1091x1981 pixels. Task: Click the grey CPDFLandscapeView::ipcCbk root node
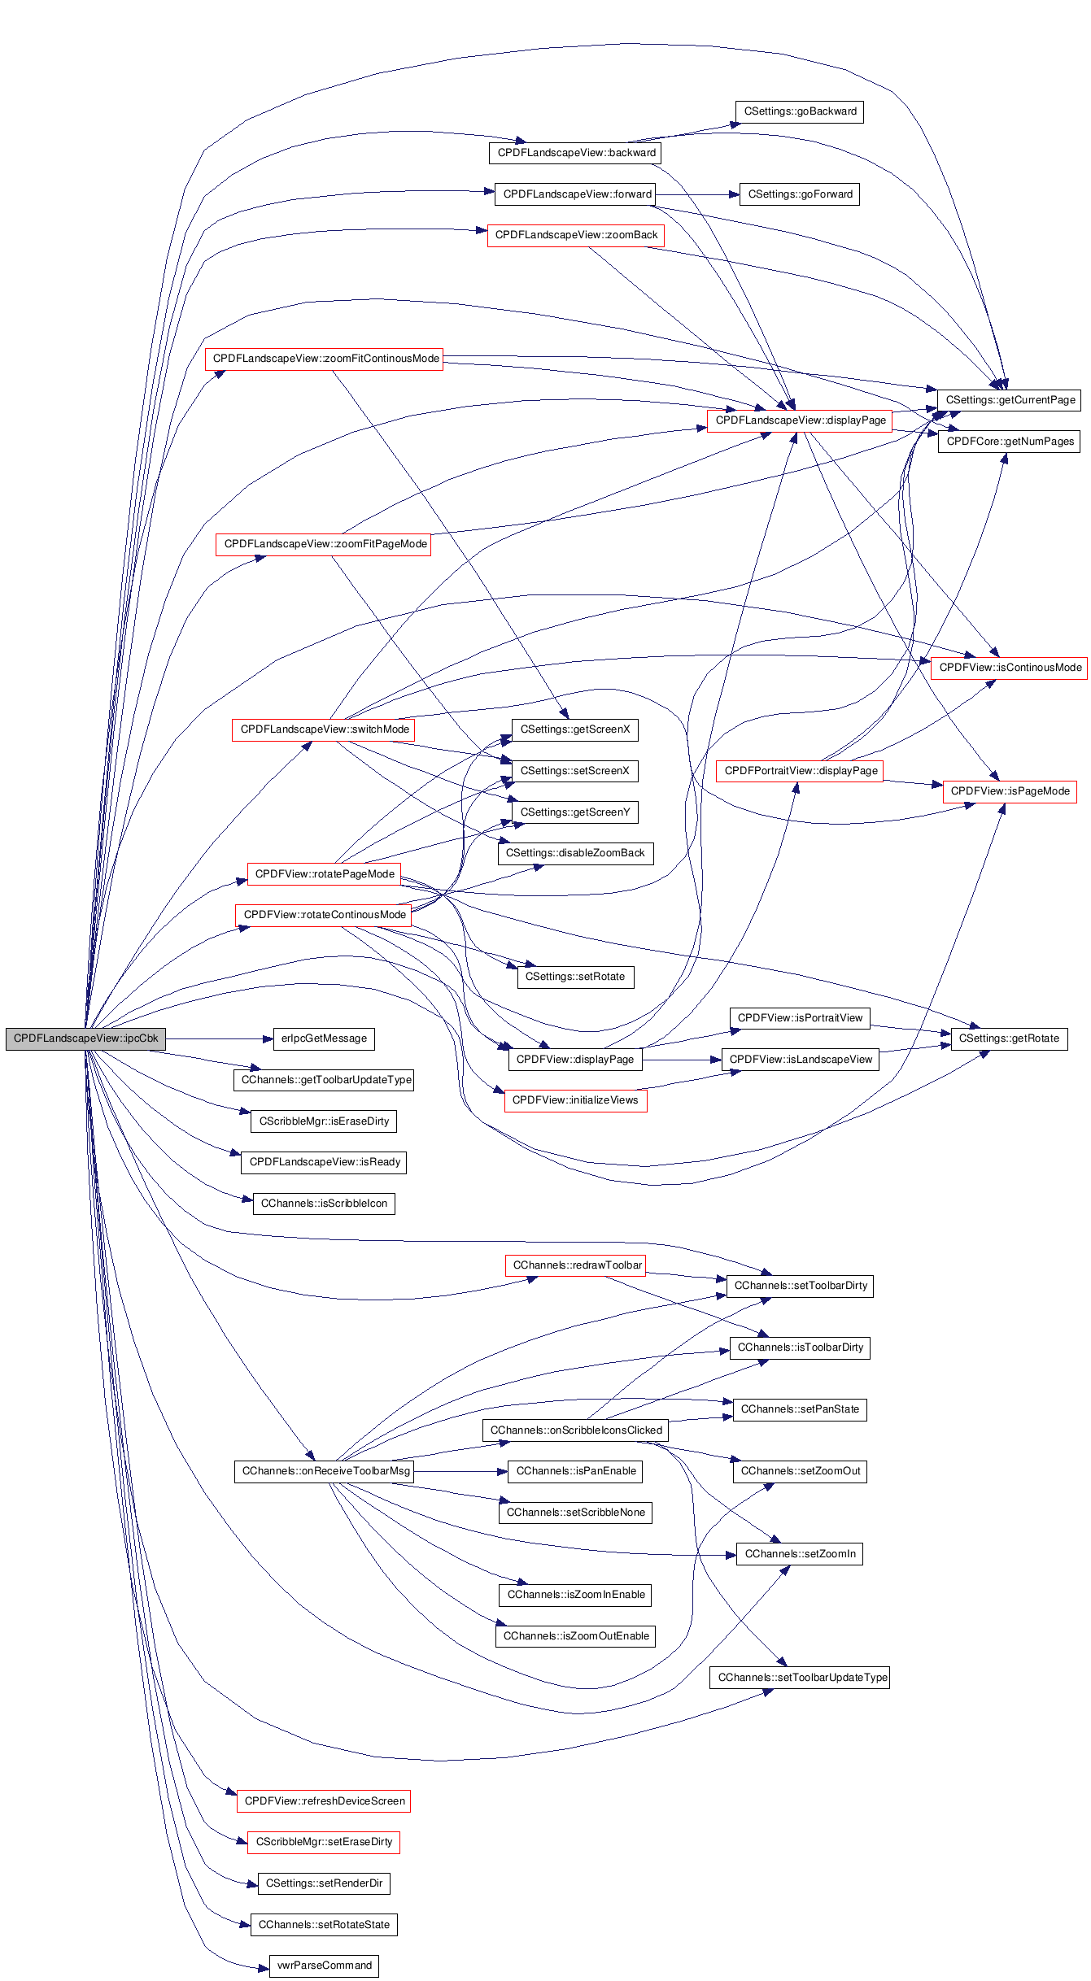pos(85,1038)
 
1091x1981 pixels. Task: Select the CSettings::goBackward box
pos(800,111)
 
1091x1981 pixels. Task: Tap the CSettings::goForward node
pos(800,194)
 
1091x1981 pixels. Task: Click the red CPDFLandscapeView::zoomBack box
pos(576,235)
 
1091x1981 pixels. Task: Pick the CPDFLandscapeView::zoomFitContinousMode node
pos(325,359)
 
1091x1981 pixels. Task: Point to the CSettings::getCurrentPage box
pos(1010,400)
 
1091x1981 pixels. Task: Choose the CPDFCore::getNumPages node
pos(1010,442)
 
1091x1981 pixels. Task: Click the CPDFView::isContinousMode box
pos(1010,668)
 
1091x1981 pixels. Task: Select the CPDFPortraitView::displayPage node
pos(801,771)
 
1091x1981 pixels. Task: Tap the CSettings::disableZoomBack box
pos(575,853)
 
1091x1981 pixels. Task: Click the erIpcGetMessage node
pos(324,1038)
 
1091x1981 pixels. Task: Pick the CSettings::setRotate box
pos(575,977)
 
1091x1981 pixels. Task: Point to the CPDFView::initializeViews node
pos(575,1100)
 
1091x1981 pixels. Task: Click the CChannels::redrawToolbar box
pos(576,1265)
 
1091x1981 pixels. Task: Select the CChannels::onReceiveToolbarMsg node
pos(325,1471)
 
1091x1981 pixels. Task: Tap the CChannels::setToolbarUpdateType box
pos(800,1678)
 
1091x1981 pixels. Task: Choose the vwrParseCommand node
pos(324,1966)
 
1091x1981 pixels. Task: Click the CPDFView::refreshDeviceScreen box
pos(324,1801)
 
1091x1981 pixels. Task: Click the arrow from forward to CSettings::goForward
pos(697,194)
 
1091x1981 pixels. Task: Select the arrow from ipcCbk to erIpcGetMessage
pos(219,1038)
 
